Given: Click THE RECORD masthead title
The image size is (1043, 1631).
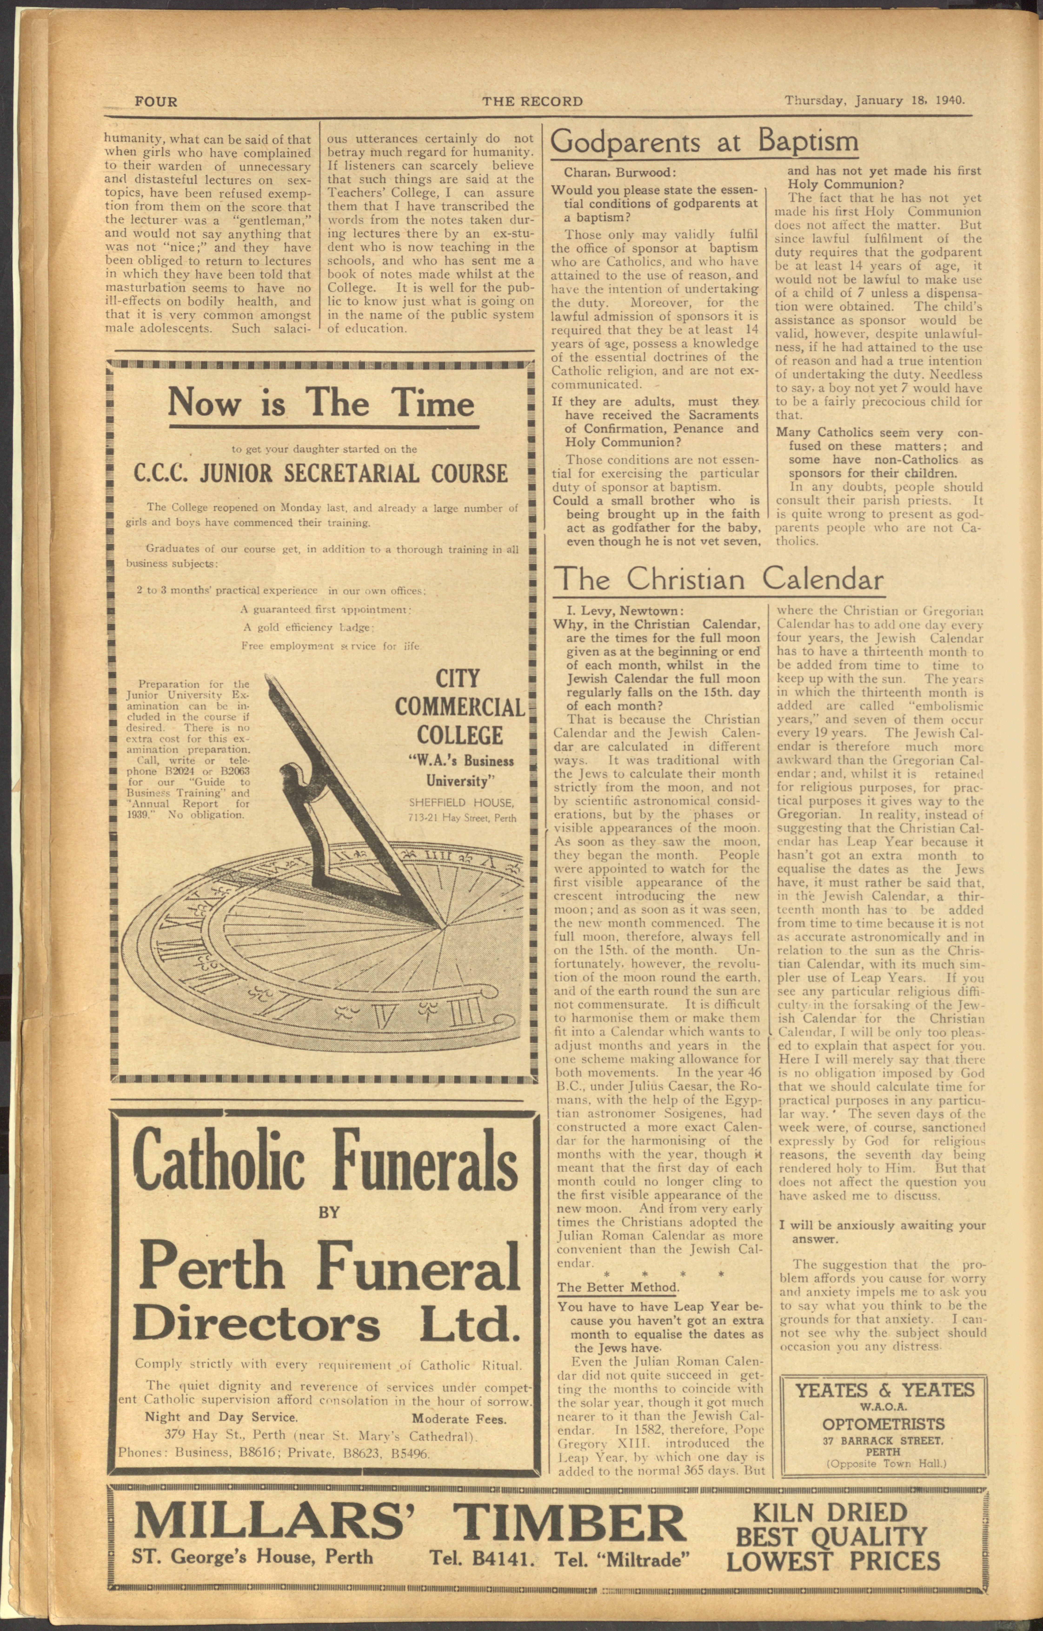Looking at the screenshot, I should (532, 102).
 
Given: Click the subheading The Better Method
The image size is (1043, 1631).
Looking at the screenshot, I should (617, 1287).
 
